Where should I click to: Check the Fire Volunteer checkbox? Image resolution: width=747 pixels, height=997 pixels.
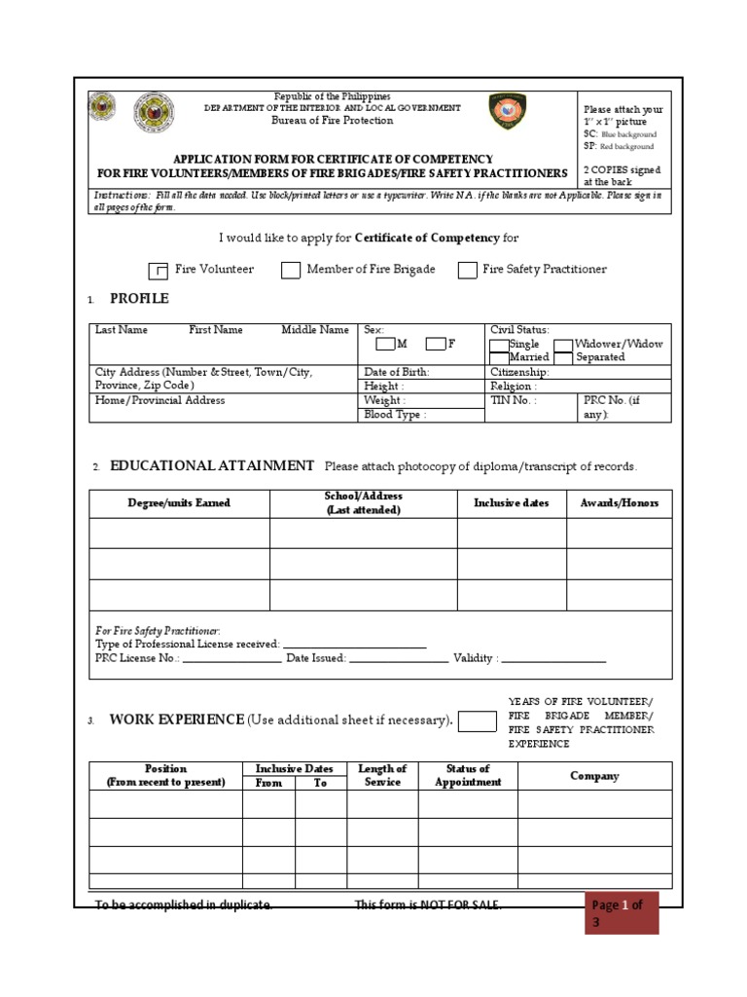(x=159, y=271)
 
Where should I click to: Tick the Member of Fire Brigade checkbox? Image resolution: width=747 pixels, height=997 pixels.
(x=291, y=271)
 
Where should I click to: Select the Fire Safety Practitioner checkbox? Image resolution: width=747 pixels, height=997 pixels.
(x=467, y=271)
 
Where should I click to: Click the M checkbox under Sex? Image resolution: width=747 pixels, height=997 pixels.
(x=385, y=344)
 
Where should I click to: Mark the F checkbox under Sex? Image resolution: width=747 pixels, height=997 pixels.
(x=436, y=344)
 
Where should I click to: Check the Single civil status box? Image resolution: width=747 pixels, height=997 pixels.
(x=499, y=345)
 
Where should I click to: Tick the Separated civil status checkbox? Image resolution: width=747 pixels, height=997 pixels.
(x=563, y=357)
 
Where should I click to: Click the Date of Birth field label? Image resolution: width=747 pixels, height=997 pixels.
(x=396, y=372)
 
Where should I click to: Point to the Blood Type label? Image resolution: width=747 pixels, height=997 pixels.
(x=395, y=414)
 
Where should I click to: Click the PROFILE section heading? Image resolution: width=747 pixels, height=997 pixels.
(x=139, y=298)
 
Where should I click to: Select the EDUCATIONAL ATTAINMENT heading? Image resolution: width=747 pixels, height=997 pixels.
(x=212, y=465)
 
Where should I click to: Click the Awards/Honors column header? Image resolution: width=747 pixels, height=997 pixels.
(x=619, y=503)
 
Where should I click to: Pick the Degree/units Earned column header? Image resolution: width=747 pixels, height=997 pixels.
(x=179, y=503)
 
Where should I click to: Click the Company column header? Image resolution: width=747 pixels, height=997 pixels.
(x=594, y=776)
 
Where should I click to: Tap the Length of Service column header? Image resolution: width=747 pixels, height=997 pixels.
(x=382, y=776)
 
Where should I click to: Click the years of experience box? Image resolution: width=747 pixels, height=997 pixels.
(x=477, y=720)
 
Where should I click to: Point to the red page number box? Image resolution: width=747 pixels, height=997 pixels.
(x=622, y=912)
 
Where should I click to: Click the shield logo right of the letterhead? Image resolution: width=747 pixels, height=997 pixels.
(x=508, y=112)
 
